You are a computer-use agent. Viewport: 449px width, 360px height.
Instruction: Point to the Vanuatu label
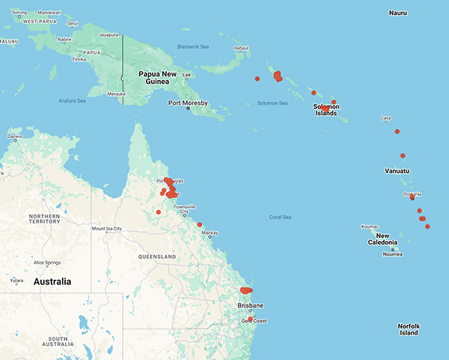pyautogui.click(x=397, y=171)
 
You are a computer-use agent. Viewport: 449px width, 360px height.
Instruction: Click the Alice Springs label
pyautogui.click(x=50, y=263)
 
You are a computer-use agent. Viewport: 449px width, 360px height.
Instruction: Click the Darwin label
pyautogui.click(x=14, y=137)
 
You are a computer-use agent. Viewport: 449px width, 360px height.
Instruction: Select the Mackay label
pyautogui.click(x=210, y=233)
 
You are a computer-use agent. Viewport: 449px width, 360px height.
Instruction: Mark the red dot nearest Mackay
pyautogui.click(x=200, y=225)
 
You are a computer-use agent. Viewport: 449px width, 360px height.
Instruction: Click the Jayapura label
pyautogui.click(x=110, y=34)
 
